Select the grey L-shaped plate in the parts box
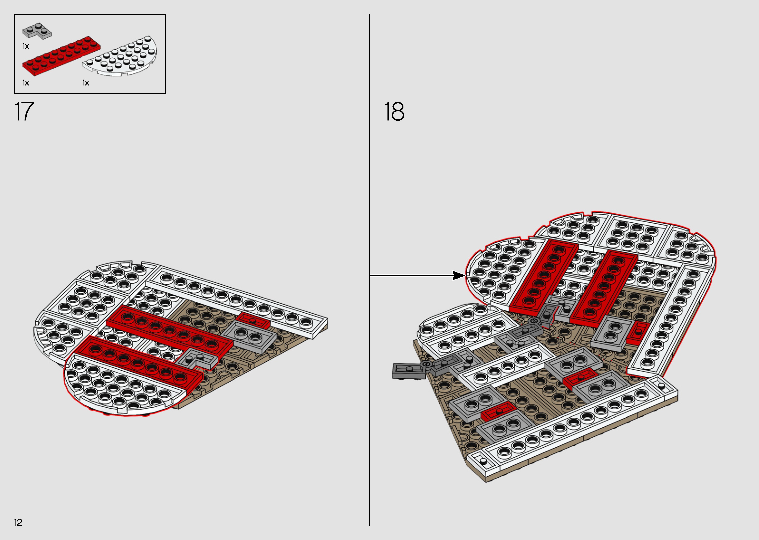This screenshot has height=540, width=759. pos(37,31)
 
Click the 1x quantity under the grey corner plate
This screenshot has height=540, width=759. pos(26,46)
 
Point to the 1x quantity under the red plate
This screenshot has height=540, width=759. pos(26,83)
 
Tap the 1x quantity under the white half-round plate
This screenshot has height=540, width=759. pos(86,83)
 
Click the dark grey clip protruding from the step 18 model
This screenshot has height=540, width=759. pos(409,371)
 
